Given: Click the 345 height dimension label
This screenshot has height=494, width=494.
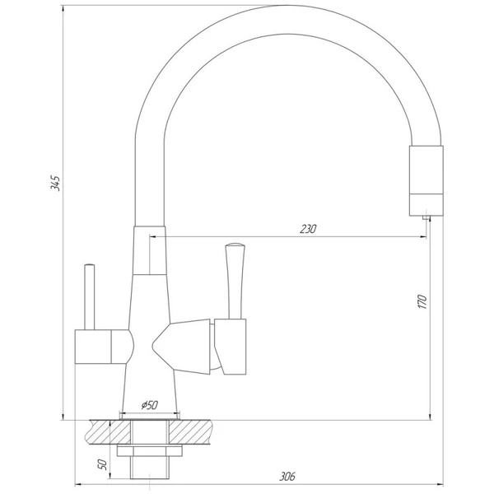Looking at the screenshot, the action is (x=55, y=183).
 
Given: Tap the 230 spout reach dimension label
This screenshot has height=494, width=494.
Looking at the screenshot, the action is (x=308, y=229).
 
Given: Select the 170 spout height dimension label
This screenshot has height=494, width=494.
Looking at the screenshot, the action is (x=422, y=301).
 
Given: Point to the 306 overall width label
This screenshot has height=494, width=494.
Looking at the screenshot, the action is (x=287, y=477).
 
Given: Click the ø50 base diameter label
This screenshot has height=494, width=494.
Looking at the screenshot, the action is (x=150, y=405).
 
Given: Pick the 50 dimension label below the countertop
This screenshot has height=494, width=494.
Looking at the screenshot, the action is (x=102, y=464).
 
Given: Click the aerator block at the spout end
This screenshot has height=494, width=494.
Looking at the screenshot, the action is (x=426, y=180).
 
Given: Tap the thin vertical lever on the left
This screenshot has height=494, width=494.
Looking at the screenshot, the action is (x=90, y=296).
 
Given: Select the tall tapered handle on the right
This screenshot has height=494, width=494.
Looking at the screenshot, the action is (x=235, y=281).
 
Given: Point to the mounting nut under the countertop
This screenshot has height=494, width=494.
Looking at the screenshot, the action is (x=150, y=450).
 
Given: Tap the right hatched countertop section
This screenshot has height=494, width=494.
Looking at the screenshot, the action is (x=190, y=432).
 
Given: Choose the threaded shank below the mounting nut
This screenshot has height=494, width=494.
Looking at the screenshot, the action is (x=150, y=468).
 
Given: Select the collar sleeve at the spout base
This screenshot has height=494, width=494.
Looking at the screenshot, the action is (x=149, y=250).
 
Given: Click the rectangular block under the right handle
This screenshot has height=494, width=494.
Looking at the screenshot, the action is (x=231, y=347).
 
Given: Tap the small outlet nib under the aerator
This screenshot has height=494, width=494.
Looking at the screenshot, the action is (x=426, y=217).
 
